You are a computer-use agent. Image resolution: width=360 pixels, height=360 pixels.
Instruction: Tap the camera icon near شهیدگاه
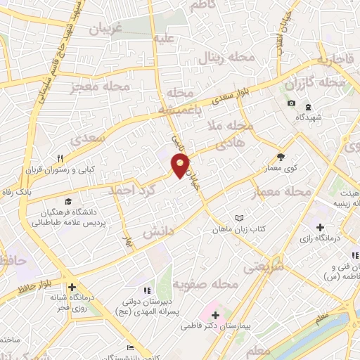(x=291, y=104)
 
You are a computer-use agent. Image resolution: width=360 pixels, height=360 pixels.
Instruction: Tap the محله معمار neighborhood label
(x=290, y=191)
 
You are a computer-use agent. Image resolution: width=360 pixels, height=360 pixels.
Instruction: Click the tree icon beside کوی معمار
(x=282, y=157)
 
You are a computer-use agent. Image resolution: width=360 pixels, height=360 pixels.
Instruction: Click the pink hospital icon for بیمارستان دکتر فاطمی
(x=215, y=314)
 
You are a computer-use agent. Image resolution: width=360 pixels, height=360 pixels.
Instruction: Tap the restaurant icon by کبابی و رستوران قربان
(x=61, y=157)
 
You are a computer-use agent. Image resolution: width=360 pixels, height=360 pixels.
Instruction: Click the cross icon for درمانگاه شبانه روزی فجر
(x=72, y=286)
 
